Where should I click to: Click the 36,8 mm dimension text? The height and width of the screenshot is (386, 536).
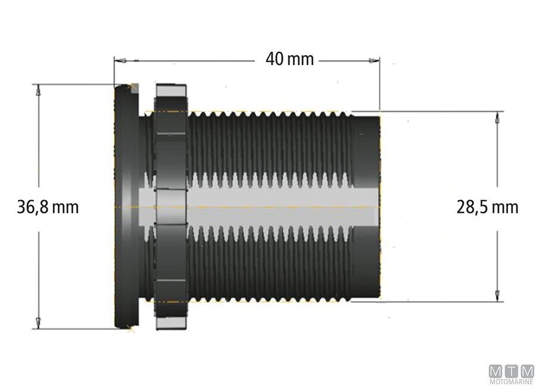point(48,207)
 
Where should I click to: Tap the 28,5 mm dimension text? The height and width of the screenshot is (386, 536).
point(487,207)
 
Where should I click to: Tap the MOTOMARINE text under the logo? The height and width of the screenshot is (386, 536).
point(511,381)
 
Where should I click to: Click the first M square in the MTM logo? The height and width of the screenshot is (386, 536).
point(496,371)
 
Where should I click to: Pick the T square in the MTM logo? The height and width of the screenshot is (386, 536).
point(511,371)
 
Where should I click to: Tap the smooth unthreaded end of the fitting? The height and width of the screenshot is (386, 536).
point(367,149)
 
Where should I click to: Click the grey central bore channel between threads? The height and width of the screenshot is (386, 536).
point(268,206)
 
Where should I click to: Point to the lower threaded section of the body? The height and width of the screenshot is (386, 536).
point(268,268)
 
